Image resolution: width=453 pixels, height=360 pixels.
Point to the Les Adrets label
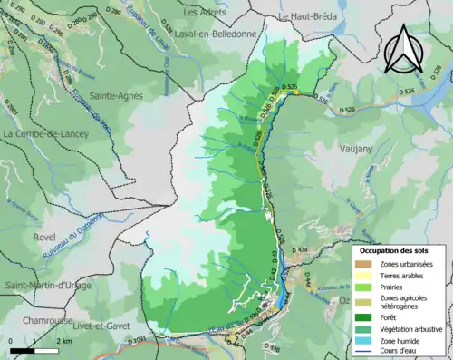coord(205,14)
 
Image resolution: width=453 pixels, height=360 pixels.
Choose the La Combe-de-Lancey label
coord(44,134)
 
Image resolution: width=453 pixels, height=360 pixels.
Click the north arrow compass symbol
coord(402,49)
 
